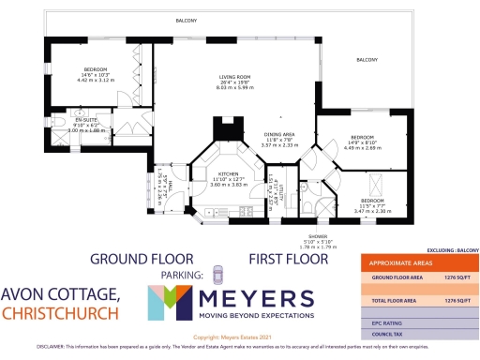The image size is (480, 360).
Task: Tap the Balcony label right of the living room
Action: [366, 61]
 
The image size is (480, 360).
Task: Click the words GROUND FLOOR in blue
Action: [142, 258]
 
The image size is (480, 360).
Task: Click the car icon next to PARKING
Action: [218, 275]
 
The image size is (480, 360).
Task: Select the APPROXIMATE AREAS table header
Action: [403, 263]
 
